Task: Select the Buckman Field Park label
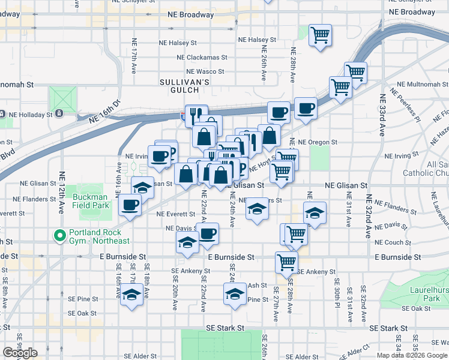pos(91,201)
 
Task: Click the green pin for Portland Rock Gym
pos(59,236)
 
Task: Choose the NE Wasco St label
pos(205,71)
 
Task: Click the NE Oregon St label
pos(318,142)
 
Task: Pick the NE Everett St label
pos(175,214)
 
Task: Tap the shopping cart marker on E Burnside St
pos(287,262)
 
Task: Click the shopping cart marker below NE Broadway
pos(321,34)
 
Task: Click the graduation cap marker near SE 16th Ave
pos(131,295)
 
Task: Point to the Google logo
pos(20,353)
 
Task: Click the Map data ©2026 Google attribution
pos(412,355)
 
